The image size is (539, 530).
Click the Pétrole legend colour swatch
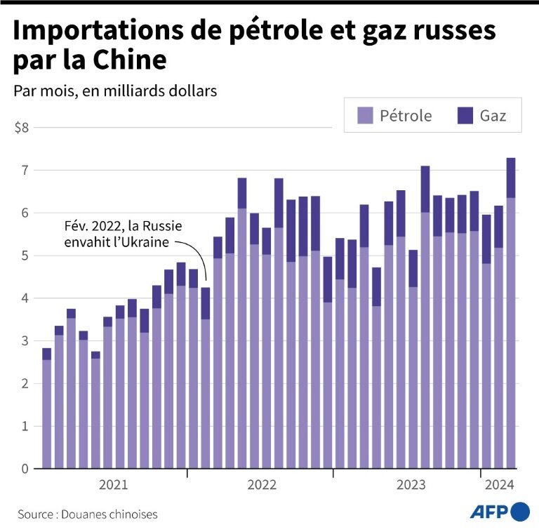[365, 115]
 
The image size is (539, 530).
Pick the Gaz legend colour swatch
[465, 115]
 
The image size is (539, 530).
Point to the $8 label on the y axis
[22, 128]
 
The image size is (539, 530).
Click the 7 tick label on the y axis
[25, 171]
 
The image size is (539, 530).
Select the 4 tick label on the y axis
[25, 298]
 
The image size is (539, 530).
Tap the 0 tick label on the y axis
[25, 469]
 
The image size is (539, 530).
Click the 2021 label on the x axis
[114, 484]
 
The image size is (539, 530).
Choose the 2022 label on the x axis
[262, 484]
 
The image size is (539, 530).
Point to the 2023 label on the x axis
[411, 484]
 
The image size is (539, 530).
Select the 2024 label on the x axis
[500, 484]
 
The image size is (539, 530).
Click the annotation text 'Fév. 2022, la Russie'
[121, 228]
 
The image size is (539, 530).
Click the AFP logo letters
[489, 511]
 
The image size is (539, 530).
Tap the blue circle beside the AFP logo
[521, 511]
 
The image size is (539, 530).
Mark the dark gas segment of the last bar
[511, 178]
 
